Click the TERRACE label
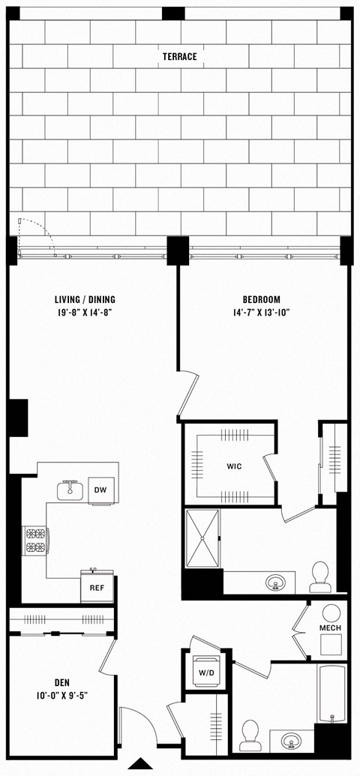coord(180,56)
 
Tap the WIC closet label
coord(234,466)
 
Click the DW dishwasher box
coord(100,490)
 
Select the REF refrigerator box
coord(97,588)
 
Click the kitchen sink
coord(71,490)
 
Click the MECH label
coord(331,627)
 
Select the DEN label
coord(61,683)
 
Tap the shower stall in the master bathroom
coord(203,538)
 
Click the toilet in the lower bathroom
coord(250,735)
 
